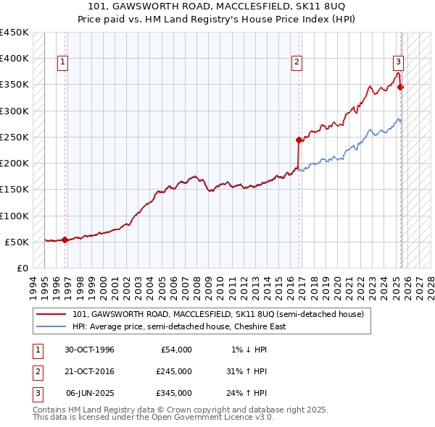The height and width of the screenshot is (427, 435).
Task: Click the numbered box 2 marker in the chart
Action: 297,63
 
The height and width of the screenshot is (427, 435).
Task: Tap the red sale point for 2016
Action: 299,140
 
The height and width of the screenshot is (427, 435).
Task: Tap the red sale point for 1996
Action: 65,240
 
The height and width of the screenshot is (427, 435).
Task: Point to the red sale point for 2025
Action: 401,88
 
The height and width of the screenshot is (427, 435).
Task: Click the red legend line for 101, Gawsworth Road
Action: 52,314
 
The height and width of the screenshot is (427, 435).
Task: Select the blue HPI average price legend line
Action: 52,326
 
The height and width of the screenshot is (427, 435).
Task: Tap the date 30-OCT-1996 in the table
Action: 90,350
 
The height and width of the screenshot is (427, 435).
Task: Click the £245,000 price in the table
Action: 173,371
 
